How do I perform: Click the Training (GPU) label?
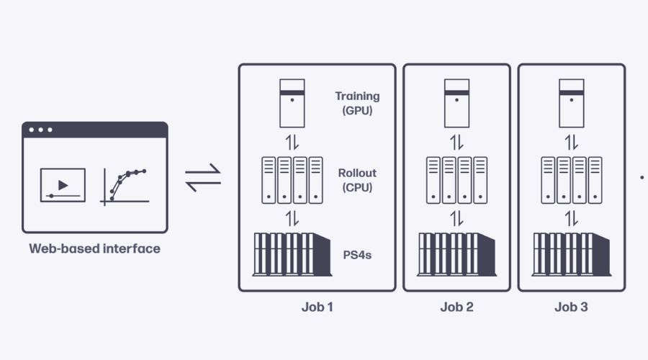[x=357, y=103]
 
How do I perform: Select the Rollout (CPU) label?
[x=357, y=180]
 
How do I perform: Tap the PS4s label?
[x=357, y=254]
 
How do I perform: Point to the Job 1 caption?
[x=317, y=307]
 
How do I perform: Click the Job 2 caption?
[x=456, y=307]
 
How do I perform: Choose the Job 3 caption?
[x=571, y=307]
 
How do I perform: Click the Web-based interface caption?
[x=94, y=249]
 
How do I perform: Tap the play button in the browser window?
[x=63, y=185]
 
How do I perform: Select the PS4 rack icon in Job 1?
[x=292, y=254]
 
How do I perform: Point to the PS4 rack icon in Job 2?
[x=456, y=254]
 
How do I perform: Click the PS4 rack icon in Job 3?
[x=571, y=254]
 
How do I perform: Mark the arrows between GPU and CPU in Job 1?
[x=292, y=141]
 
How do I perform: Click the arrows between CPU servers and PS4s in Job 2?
[x=456, y=217]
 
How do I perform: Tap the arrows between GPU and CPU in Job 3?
[x=571, y=141]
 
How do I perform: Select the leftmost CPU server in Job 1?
[x=268, y=180]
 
